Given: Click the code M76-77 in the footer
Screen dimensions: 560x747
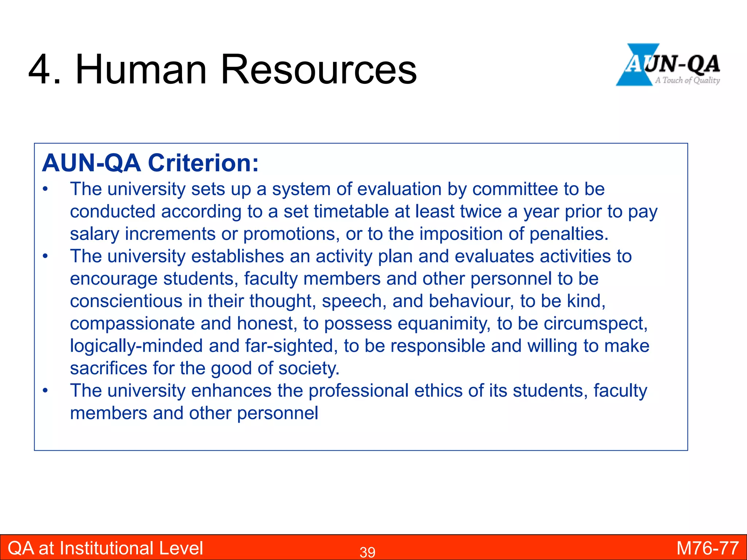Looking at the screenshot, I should coord(707,548).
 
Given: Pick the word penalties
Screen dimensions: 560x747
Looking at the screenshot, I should coord(569,234).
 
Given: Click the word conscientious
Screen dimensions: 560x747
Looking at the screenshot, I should coord(126,301).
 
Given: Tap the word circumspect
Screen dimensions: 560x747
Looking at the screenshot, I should coord(596,324).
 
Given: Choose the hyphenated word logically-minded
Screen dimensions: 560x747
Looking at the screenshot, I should coord(136,346).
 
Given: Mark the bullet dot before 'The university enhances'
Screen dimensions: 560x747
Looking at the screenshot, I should coord(45,391).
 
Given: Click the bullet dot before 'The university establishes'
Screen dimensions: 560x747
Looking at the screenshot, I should coord(45,256).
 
